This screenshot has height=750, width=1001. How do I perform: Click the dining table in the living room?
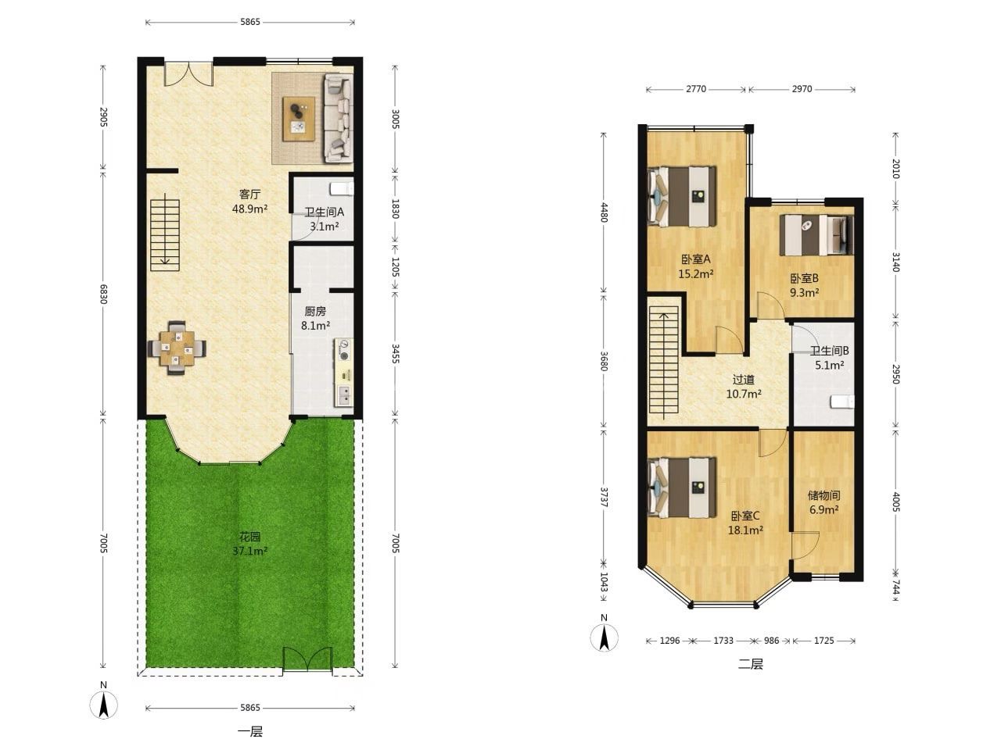(x=177, y=348)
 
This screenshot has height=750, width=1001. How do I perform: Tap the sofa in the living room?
(x=338, y=119)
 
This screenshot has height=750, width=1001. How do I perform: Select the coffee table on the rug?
(x=299, y=119)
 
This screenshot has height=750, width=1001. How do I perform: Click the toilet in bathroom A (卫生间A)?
(x=342, y=188)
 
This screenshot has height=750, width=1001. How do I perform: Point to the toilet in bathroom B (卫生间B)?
(x=842, y=402)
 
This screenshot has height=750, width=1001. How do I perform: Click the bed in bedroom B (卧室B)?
(x=816, y=235)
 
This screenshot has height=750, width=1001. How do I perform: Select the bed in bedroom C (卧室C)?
(x=682, y=487)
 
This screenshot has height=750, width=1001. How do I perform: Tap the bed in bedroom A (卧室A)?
(x=682, y=196)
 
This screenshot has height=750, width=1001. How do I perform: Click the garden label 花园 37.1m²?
(x=250, y=544)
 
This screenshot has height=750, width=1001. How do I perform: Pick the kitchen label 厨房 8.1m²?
(x=315, y=318)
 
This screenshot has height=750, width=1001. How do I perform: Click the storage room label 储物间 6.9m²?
(x=824, y=502)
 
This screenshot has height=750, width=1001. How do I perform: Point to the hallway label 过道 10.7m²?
(x=744, y=387)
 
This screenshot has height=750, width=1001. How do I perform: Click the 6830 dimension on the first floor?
(x=104, y=295)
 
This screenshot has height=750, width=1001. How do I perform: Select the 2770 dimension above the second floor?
(x=696, y=89)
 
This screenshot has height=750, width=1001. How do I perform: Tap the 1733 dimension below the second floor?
(x=723, y=641)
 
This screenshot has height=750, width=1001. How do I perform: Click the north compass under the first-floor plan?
(x=104, y=705)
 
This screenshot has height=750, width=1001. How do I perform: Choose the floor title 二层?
(x=750, y=664)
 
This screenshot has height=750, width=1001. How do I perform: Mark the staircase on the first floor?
(x=165, y=235)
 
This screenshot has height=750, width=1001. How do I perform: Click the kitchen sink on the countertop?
(x=344, y=396)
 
